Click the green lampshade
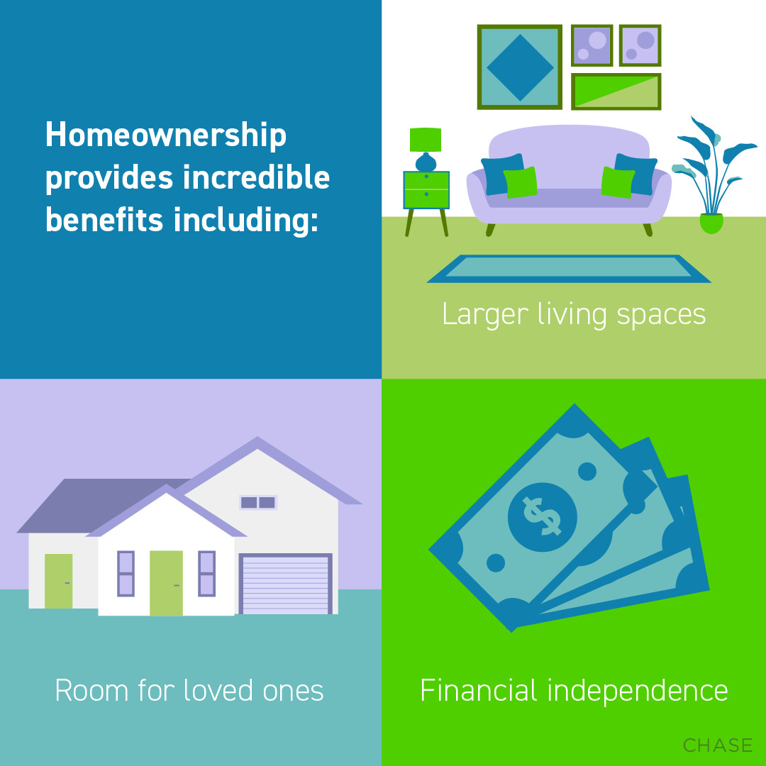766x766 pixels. click(x=426, y=140)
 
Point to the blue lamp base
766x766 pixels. click(x=426, y=162)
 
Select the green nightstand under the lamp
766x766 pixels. click(x=426, y=189)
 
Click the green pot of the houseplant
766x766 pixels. click(x=711, y=223)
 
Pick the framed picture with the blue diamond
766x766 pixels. click(x=520, y=67)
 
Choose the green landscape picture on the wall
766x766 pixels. click(x=616, y=91)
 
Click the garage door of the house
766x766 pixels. click(x=285, y=584)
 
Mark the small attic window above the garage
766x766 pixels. click(x=257, y=502)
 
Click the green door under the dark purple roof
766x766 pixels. click(x=58, y=580)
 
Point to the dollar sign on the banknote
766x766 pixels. click(x=543, y=516)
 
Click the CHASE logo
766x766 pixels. click(x=717, y=745)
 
